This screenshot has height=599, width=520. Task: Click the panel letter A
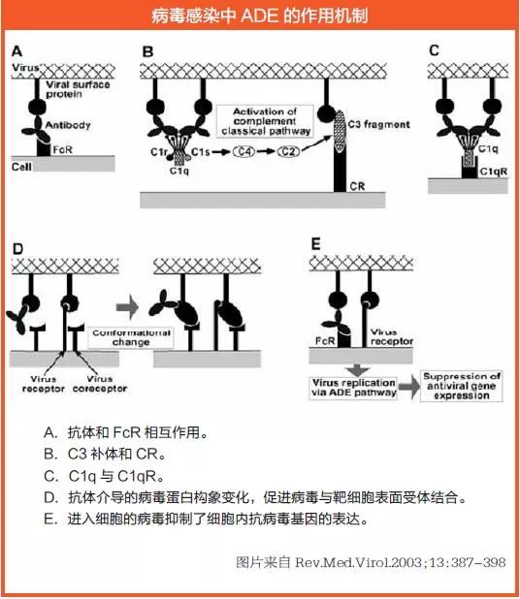click(x=16, y=51)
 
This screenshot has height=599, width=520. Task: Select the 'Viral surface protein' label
click(x=84, y=89)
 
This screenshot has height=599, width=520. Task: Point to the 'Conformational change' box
click(x=130, y=337)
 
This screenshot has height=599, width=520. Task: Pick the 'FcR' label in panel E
click(x=326, y=341)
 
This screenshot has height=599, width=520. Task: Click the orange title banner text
click(x=260, y=16)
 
